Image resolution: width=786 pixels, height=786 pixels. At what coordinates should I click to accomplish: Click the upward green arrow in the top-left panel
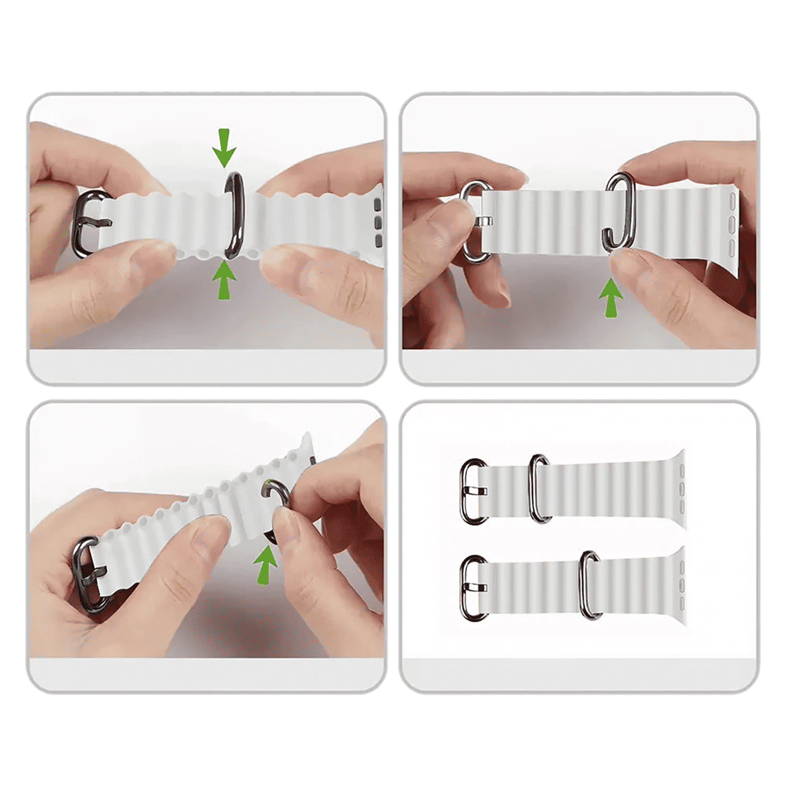[x=224, y=281]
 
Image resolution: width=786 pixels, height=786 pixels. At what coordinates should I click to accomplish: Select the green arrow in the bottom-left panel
[x=266, y=564]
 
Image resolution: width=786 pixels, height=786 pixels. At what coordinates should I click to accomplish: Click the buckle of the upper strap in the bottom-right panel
[x=473, y=491]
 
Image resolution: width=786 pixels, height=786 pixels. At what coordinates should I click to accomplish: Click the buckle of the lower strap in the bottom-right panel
[x=473, y=588]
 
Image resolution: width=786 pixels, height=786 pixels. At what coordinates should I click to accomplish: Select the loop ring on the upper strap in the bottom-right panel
[x=539, y=488]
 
